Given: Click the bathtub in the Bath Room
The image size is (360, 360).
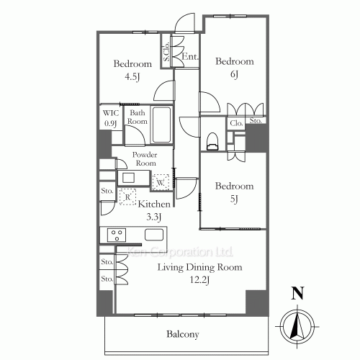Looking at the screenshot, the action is pos(162,125).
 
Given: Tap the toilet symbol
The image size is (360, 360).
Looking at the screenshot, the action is pos(212,141).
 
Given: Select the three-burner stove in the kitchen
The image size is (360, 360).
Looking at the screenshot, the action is pos(117,235).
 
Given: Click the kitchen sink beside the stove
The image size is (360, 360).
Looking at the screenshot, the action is pos(154,235).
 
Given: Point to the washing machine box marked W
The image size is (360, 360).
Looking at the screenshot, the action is pos(161,182).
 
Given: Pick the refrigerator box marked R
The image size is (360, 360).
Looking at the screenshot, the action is pos(127,197).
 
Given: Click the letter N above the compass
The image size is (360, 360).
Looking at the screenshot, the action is pos(297,293).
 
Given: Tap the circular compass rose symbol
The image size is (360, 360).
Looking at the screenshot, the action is pos(297,327).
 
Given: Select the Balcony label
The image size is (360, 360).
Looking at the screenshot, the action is pos(183,334).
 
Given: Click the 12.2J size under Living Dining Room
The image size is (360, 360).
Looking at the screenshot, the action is pos(200,280).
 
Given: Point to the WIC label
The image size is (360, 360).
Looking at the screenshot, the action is pos(111,113).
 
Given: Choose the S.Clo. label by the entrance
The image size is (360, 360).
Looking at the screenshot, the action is pos(166,51).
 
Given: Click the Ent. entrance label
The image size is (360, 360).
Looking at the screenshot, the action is pos(190,57).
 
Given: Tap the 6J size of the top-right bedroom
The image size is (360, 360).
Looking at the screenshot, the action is pos(234,74).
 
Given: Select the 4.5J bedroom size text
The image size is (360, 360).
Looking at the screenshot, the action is pos(132,77).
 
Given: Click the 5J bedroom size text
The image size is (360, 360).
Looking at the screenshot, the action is pos(234,199).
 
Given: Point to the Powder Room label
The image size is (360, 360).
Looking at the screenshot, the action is pos(145,159).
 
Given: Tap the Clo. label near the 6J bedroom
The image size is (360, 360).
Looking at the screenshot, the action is pos(236,123).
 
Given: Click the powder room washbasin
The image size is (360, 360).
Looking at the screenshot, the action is pos(129,178).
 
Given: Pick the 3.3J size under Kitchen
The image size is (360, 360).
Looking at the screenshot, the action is pos(153,217).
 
